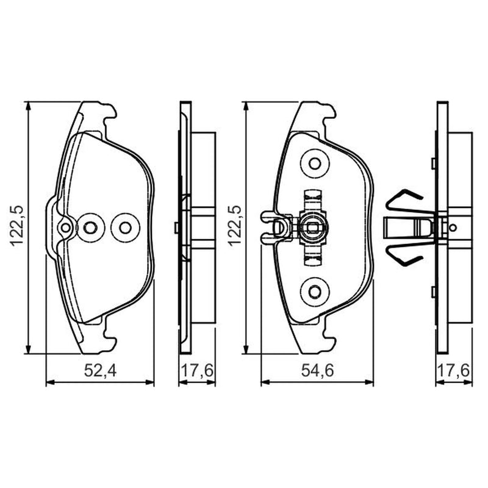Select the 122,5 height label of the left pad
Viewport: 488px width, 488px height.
click(x=16, y=226)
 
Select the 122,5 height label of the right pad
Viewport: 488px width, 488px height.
click(x=234, y=226)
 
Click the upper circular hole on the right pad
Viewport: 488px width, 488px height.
click(x=315, y=163)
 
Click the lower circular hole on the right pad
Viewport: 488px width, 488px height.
click(x=315, y=292)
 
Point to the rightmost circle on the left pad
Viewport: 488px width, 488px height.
click(x=126, y=228)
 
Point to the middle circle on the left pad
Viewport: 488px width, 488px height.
click(x=90, y=228)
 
